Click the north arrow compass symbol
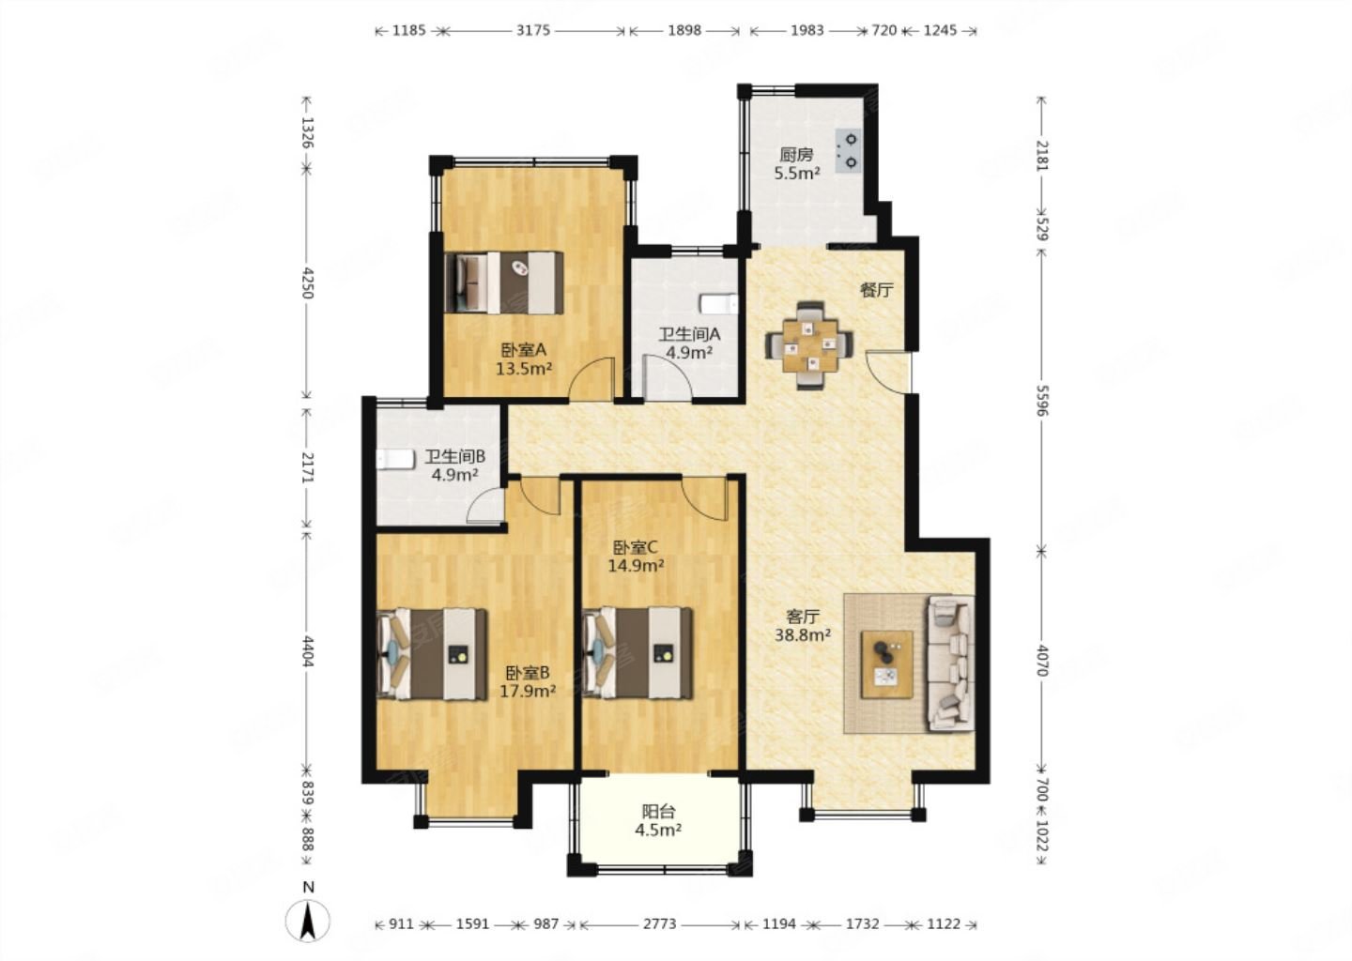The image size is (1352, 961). tap(308, 920)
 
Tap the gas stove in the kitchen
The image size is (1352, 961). tap(849, 150)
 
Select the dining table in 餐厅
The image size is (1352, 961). tap(808, 344)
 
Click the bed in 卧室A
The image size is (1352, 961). tap(504, 282)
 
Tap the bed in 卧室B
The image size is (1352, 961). tap(432, 654)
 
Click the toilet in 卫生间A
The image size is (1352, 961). tap(721, 303)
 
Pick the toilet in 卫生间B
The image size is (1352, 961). tap(395, 459)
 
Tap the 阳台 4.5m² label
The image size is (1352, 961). tap(658, 820)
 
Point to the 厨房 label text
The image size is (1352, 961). tap(796, 155)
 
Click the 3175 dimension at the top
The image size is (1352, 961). tap(532, 30)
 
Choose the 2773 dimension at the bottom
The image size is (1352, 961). tap(659, 923)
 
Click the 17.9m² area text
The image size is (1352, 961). tap(528, 691)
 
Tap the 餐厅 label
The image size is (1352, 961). tap(876, 290)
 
